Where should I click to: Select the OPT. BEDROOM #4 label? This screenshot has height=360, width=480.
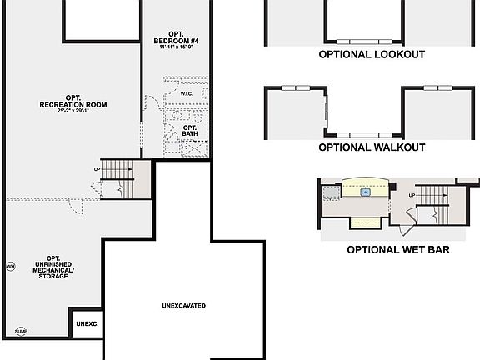click(177, 37)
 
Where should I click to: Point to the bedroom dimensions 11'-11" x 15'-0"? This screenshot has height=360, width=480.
click(177, 47)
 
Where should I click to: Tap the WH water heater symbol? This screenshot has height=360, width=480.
click(11, 267)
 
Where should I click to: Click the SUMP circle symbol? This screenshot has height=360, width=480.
click(19, 331)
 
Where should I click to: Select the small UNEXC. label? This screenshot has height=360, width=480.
click(87, 324)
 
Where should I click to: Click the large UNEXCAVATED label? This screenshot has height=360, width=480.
click(183, 306)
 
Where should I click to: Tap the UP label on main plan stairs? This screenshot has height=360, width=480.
click(97, 170)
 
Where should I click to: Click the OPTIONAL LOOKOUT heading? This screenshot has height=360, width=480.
click(372, 54)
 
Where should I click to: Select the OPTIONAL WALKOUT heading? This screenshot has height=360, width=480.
click(372, 147)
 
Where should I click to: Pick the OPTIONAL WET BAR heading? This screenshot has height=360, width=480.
click(398, 249)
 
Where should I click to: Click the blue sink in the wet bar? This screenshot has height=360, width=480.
click(365, 192)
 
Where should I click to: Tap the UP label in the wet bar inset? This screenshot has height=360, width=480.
click(412, 195)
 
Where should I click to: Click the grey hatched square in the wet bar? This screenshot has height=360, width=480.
click(332, 191)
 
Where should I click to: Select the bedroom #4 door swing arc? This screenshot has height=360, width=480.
click(152, 104)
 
